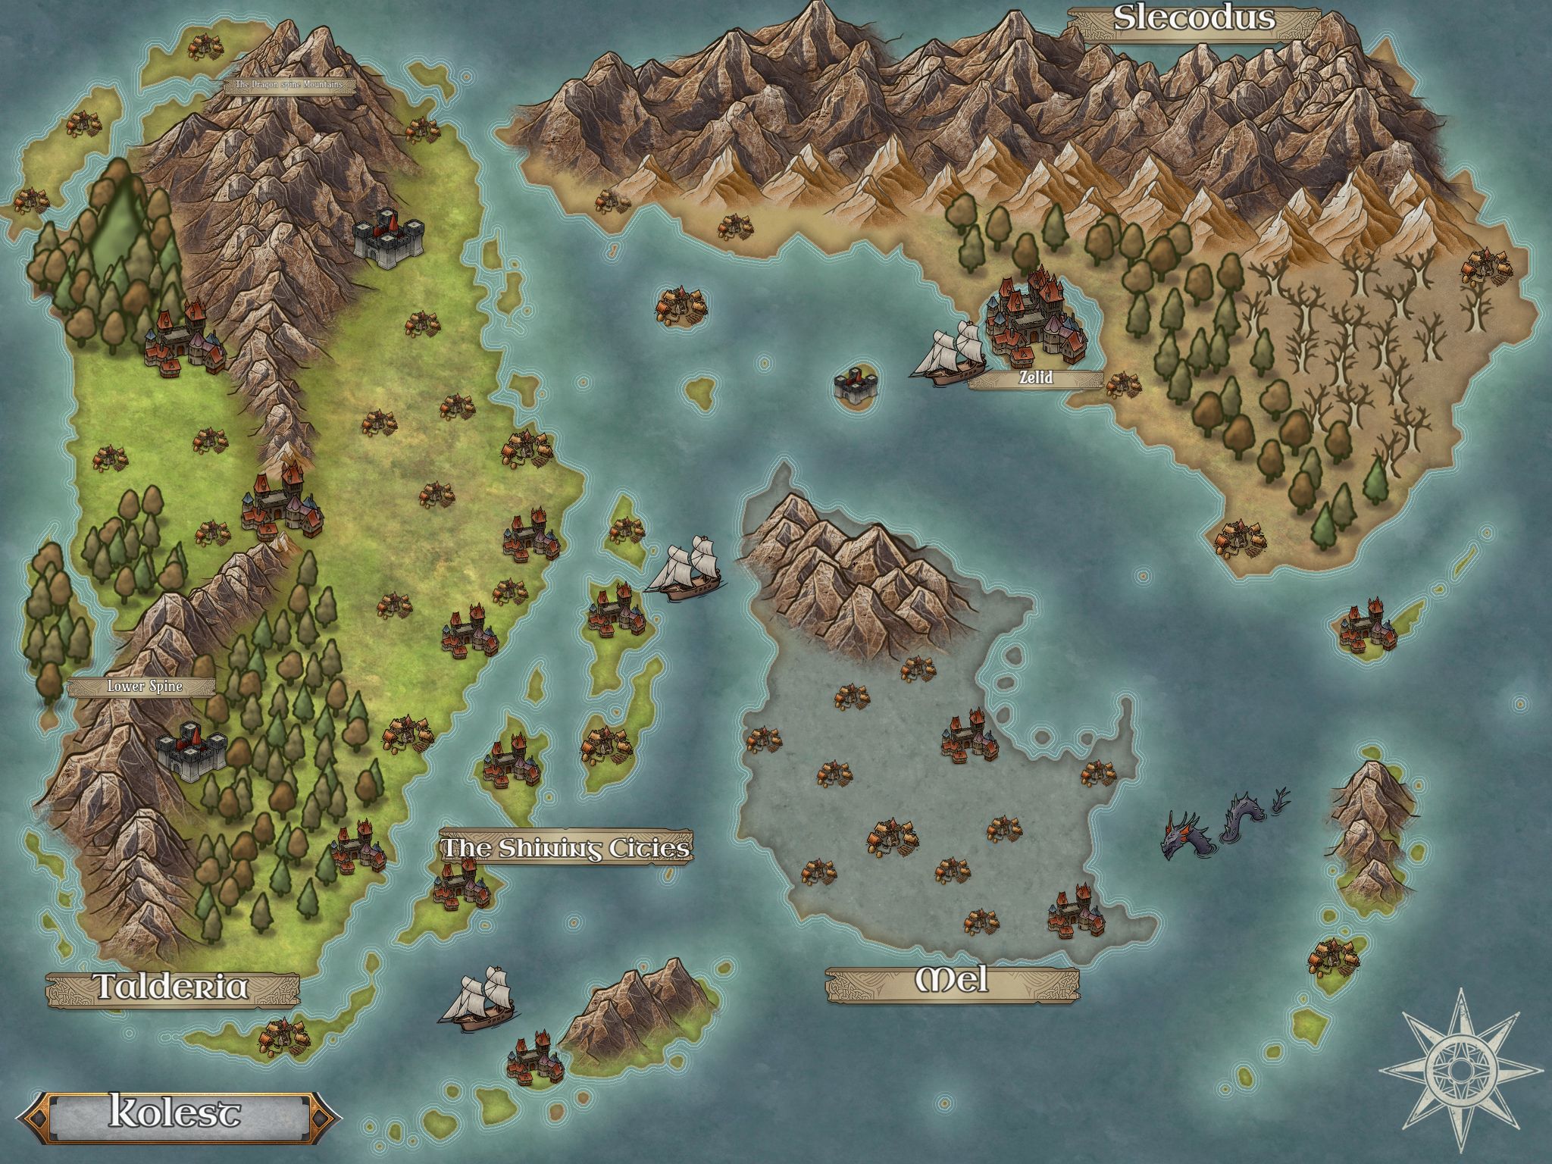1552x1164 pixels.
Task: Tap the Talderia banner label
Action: coord(172,987)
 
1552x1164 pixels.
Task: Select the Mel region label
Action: coord(953,981)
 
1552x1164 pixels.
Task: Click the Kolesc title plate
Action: coord(176,1112)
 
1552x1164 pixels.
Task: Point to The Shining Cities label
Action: coord(566,848)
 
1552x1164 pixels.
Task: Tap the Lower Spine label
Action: coord(144,687)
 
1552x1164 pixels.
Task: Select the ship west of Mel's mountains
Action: coord(684,569)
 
